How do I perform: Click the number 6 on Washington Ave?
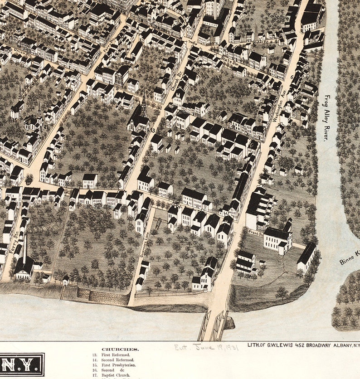292,78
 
